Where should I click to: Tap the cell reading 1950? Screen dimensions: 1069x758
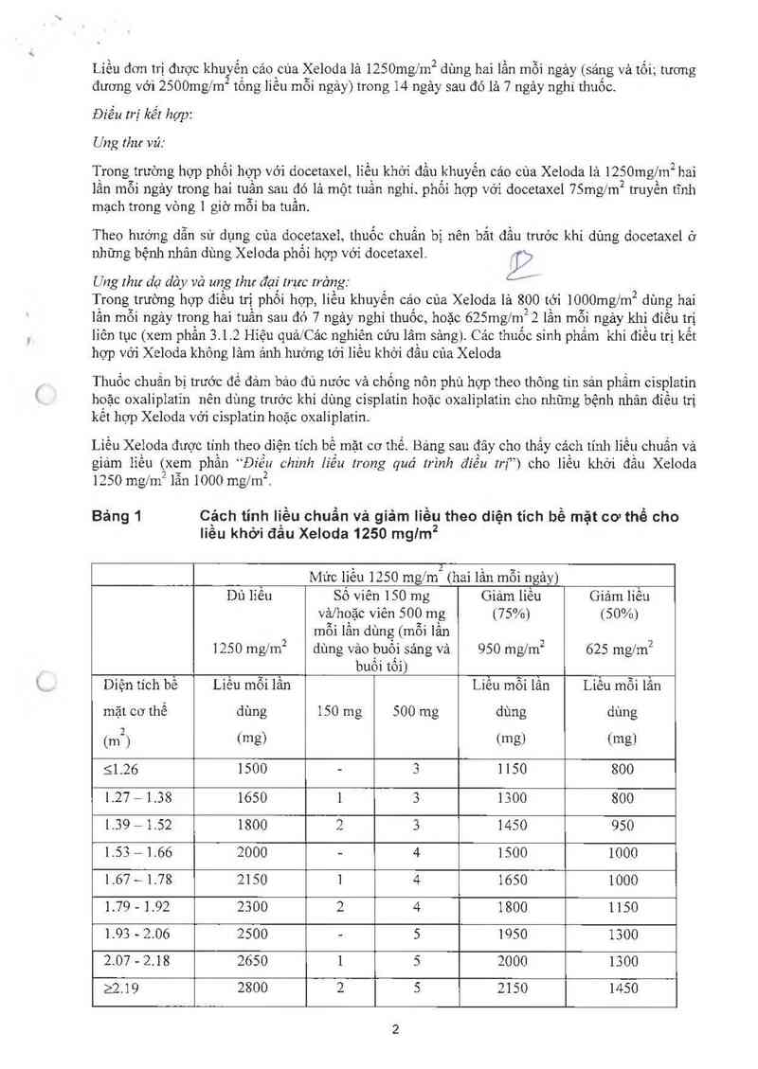(x=511, y=933)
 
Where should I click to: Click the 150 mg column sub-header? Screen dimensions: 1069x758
(x=339, y=710)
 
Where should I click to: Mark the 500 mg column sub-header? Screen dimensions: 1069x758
(x=416, y=710)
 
